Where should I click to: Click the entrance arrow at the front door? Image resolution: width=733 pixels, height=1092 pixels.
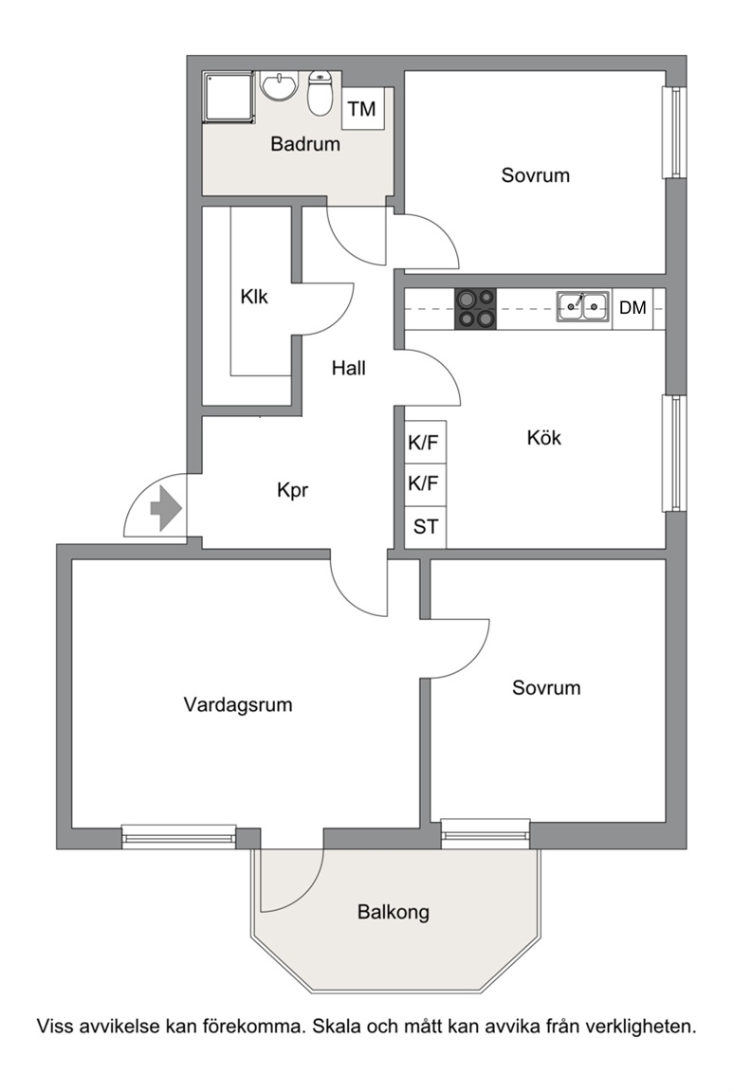pos(167,508)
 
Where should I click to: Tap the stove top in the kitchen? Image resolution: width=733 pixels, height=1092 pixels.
pos(476,308)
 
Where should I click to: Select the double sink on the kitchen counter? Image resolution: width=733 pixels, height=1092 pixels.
pos(583,306)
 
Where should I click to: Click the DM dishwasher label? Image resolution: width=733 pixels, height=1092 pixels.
pos(632,307)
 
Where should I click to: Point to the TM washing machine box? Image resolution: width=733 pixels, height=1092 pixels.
pos(362,109)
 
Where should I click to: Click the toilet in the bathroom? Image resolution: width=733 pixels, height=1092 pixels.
pos(321,93)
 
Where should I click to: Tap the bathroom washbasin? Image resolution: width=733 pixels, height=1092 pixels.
pos(280,85)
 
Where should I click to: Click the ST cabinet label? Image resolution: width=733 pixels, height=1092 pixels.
pos(426,526)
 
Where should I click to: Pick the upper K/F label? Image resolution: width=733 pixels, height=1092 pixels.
pos(424,443)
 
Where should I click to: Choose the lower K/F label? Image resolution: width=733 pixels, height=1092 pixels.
pos(424,482)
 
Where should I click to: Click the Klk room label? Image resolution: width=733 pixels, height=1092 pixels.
pos(254,297)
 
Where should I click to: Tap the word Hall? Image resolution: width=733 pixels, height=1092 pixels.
pos(348,368)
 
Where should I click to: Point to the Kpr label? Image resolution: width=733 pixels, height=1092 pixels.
pos(293,490)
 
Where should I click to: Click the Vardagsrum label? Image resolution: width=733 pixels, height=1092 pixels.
pos(238,705)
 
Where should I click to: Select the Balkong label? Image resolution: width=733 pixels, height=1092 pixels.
pos(394,912)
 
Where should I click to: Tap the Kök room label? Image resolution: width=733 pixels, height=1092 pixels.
pos(544,437)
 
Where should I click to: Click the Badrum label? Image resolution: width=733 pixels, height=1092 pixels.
pos(305,144)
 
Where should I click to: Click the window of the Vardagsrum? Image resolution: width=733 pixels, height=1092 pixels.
pos(179,836)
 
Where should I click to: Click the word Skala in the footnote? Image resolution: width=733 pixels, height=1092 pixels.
pos(337,1026)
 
